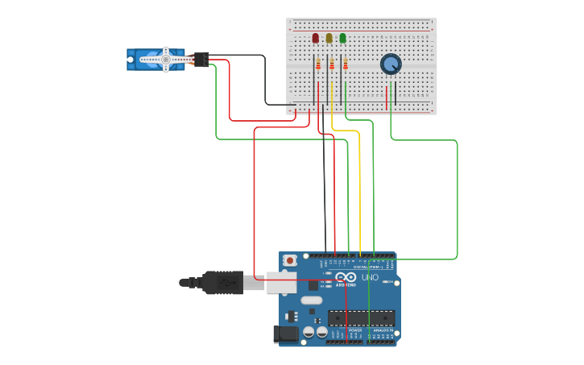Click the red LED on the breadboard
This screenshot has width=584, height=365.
(x=315, y=38)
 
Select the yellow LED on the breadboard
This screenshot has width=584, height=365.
(x=329, y=38)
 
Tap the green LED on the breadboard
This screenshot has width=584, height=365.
(x=342, y=38)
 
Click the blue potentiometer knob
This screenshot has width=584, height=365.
(x=391, y=64)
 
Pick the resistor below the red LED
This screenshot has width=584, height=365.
(x=318, y=64)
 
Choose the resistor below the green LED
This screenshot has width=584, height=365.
(x=346, y=64)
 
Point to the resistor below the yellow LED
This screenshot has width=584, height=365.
(x=332, y=64)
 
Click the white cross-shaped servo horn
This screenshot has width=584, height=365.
(x=166, y=59)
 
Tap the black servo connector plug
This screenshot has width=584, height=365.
(x=201, y=59)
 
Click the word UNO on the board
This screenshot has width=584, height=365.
(x=370, y=277)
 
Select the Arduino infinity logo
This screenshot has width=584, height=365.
(x=347, y=276)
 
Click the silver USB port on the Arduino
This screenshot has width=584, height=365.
(x=281, y=282)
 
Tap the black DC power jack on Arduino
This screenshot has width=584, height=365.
(x=284, y=333)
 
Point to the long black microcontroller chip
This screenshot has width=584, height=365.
(x=361, y=317)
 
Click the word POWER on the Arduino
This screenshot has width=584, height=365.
(x=354, y=330)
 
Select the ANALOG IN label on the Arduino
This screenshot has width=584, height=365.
(x=382, y=330)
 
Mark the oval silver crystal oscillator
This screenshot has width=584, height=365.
(x=312, y=301)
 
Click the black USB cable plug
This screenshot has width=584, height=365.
(x=222, y=282)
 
